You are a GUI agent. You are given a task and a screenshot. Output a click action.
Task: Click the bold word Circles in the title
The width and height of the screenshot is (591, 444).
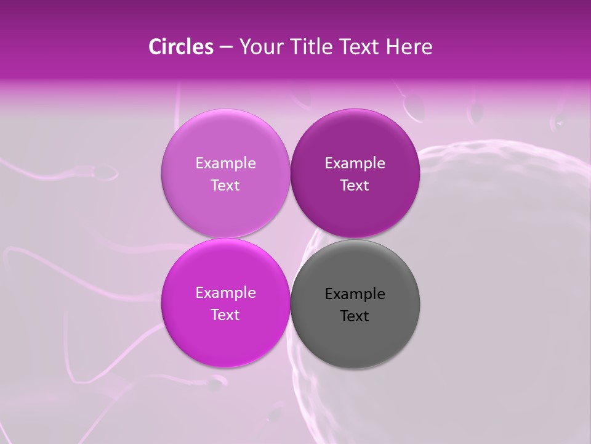click(x=180, y=47)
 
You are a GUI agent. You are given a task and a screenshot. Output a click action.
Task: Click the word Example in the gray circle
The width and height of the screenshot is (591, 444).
click(x=355, y=294)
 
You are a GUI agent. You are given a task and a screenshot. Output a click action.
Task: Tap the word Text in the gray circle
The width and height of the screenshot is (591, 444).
click(x=355, y=316)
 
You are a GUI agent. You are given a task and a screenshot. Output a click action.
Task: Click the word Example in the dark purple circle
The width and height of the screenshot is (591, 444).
click(x=355, y=163)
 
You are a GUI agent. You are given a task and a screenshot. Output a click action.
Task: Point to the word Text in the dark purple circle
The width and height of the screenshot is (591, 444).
click(x=355, y=186)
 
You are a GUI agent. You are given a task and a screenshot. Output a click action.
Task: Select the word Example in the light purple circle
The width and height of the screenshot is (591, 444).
click(x=225, y=163)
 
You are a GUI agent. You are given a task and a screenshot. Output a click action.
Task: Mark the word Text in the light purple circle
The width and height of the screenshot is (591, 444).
click(x=225, y=186)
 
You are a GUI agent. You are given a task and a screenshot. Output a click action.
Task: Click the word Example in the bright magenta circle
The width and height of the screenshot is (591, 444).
click(x=225, y=293)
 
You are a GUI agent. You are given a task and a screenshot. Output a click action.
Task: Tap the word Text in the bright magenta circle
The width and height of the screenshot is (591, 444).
click(x=225, y=315)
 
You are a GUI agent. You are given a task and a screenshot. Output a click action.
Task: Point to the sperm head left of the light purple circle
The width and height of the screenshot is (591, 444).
click(x=107, y=173)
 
